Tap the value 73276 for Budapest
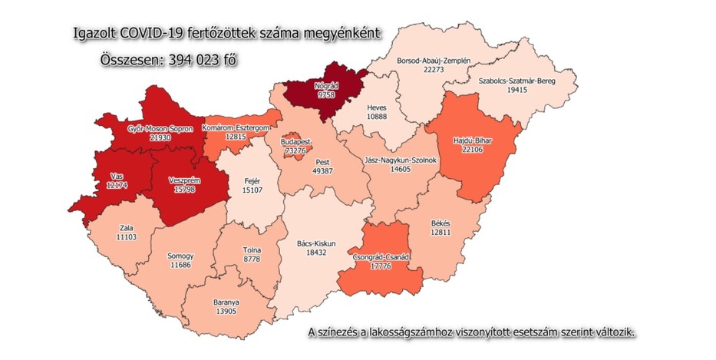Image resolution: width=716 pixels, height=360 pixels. tap(295, 152)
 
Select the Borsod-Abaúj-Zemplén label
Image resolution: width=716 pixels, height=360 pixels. tap(434, 60)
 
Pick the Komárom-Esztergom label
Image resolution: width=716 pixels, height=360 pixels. tap(238, 127)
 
